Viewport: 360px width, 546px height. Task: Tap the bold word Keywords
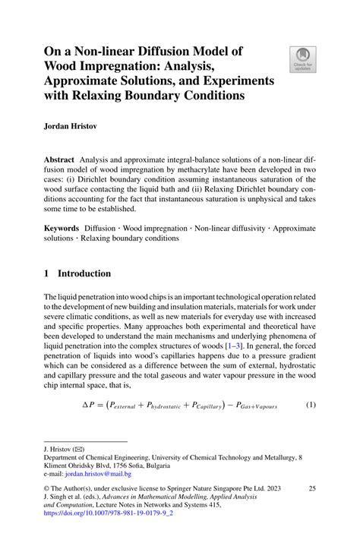[x=62, y=227]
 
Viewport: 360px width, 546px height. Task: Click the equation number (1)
[x=310, y=406]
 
